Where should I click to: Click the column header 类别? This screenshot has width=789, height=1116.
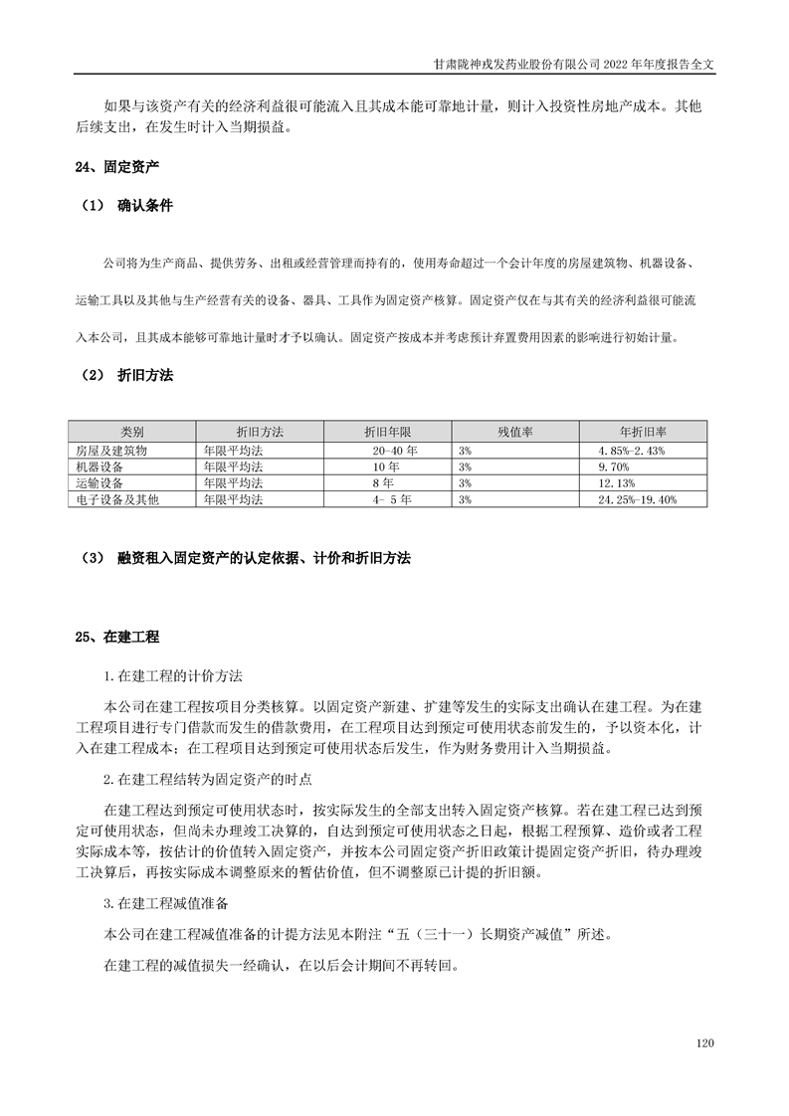132,433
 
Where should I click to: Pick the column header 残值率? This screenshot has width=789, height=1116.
515,433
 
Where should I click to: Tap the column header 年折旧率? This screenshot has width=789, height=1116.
643,433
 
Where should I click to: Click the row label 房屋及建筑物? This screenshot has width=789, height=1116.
112,450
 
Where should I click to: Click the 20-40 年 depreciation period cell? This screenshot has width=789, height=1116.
395,450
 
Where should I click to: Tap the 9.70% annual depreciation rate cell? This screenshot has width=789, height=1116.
614,465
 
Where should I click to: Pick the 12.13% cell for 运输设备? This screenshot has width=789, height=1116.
617,482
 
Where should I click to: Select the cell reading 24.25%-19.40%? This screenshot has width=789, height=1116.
637,499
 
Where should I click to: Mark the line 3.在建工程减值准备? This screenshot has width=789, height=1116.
166,903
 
